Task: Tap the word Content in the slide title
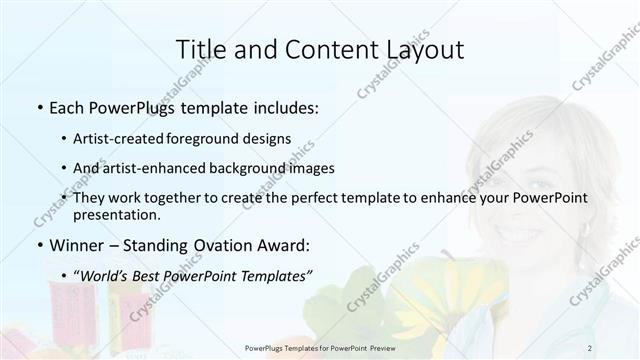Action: (321, 49)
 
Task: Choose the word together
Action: (193, 198)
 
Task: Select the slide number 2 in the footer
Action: (590, 347)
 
